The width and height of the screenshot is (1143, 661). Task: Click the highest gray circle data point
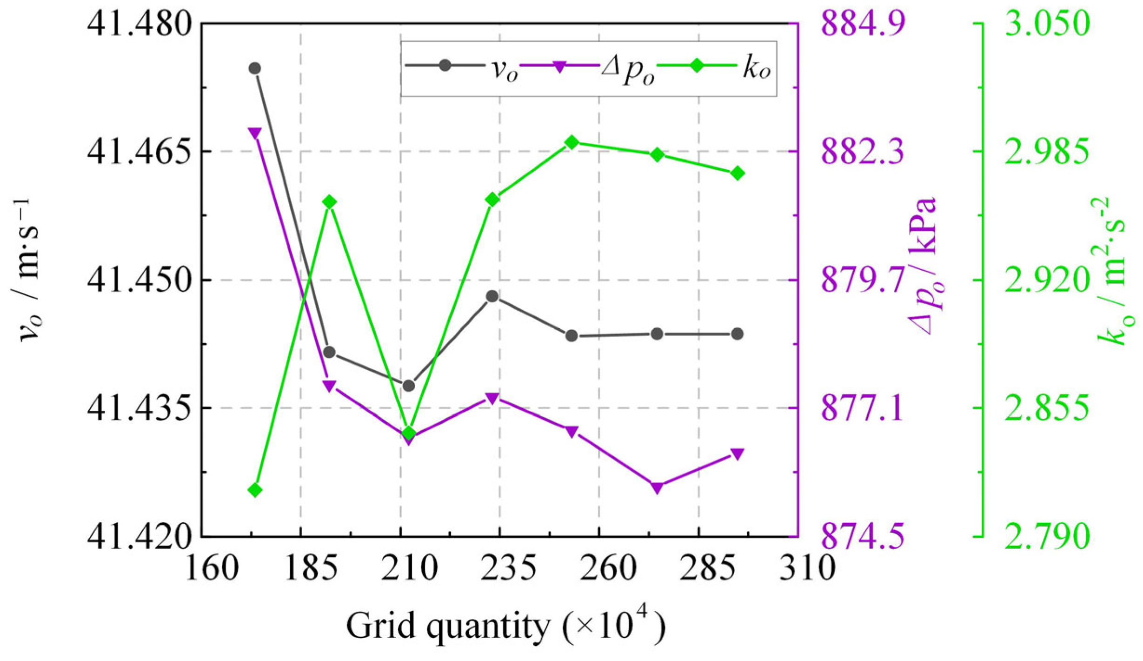[254, 68]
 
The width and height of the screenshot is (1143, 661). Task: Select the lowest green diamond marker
[254, 490]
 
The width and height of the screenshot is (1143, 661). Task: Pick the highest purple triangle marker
[254, 133]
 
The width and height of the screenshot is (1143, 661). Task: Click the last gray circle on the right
[737, 334]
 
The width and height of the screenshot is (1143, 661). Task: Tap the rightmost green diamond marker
[738, 174]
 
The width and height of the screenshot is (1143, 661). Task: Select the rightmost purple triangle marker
[738, 454]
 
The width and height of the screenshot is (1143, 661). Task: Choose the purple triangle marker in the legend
[559, 66]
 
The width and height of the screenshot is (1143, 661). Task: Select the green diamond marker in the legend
[697, 66]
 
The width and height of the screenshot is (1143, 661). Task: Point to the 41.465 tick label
[140, 152]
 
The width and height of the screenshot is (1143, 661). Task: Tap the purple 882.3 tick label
[863, 152]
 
